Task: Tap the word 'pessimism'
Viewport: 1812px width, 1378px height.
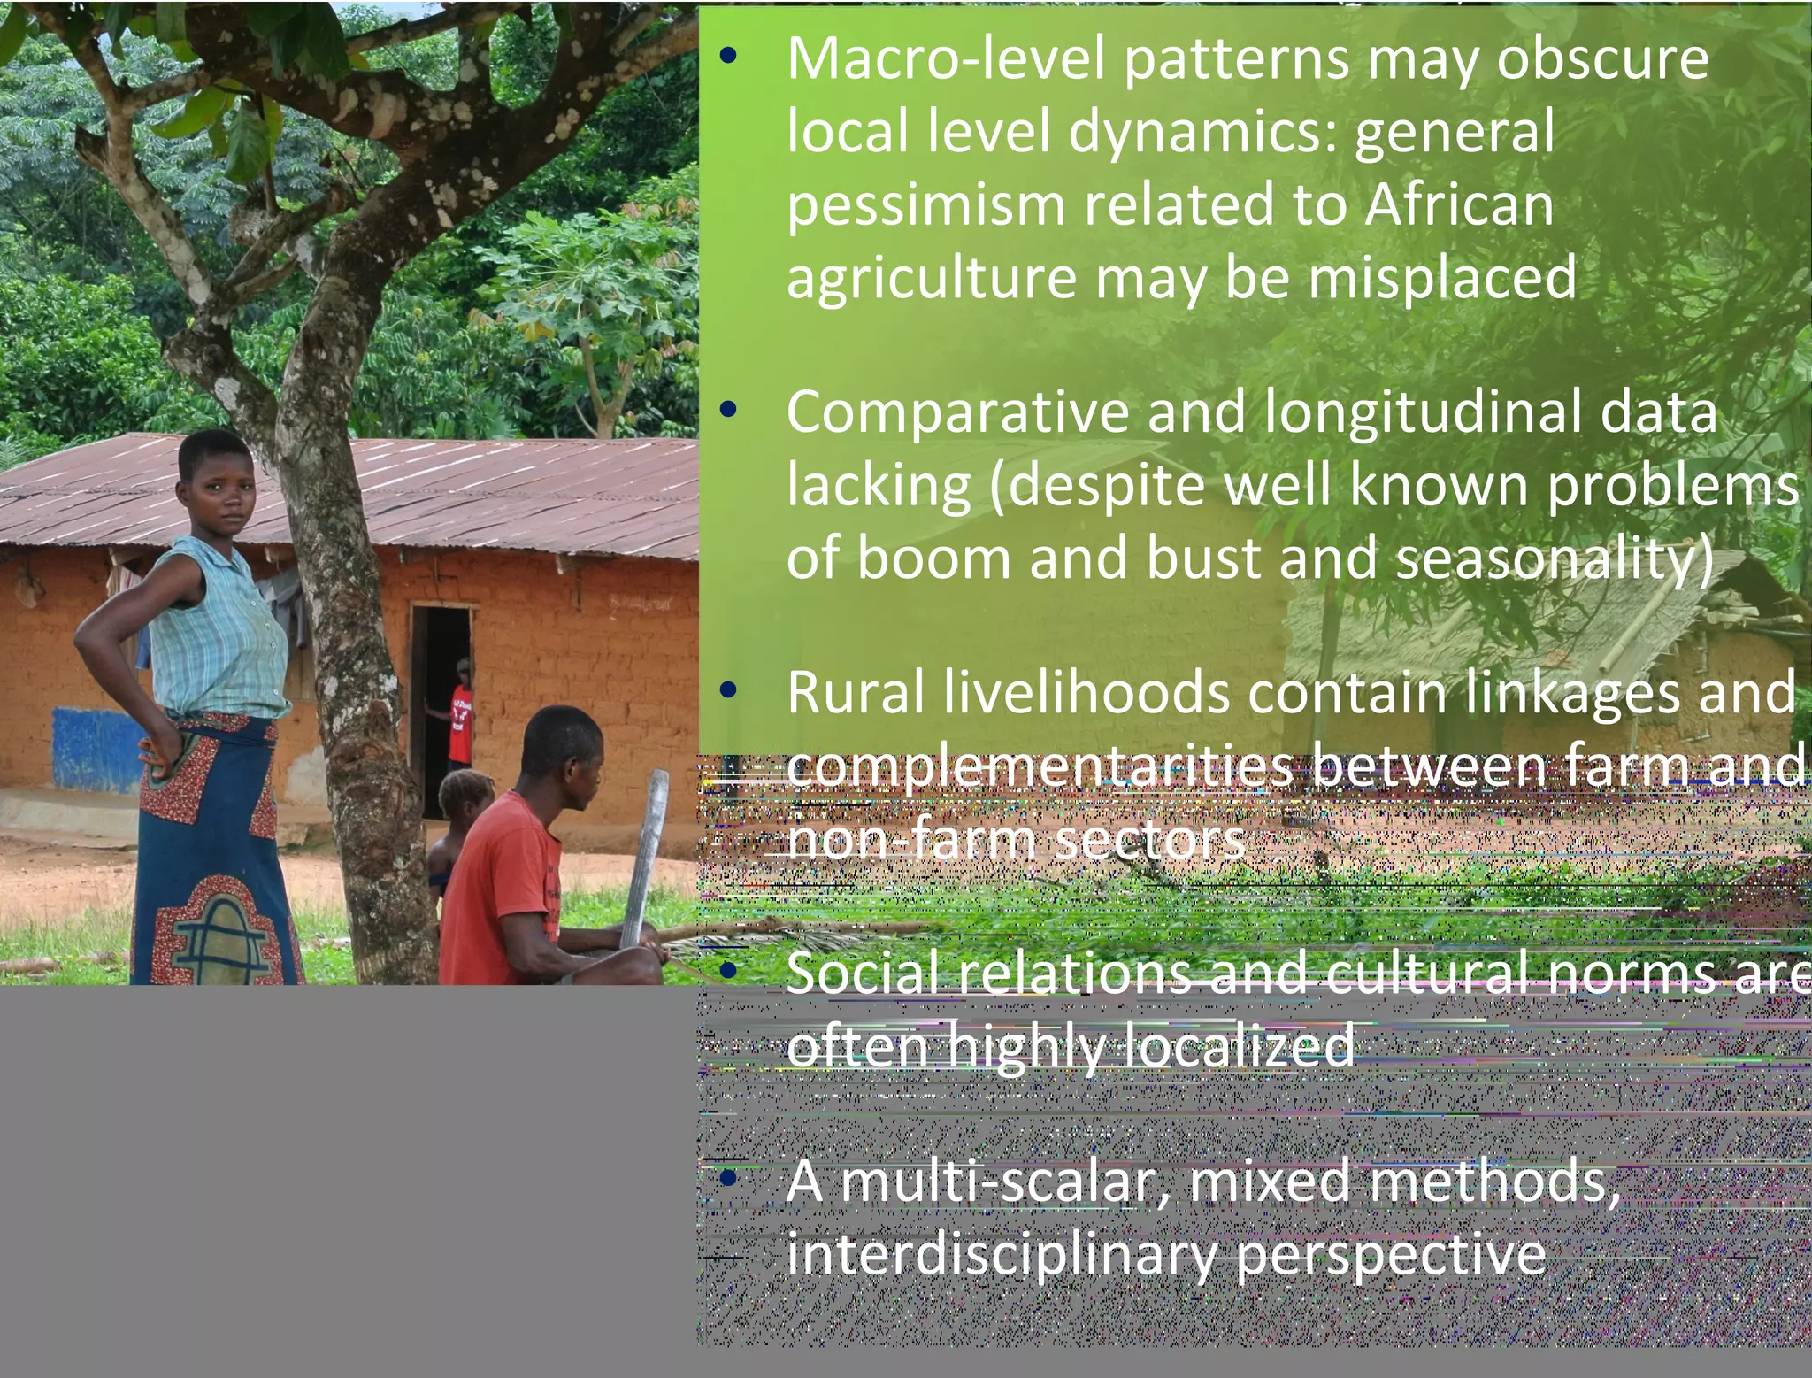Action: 925,204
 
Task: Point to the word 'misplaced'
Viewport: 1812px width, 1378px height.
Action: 1442,278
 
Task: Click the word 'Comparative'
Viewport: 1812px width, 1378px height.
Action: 956,413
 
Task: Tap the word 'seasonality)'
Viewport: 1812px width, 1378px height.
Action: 1554,559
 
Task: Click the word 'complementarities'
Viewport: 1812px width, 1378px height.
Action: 1039,766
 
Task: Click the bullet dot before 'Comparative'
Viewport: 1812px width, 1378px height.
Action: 728,410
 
